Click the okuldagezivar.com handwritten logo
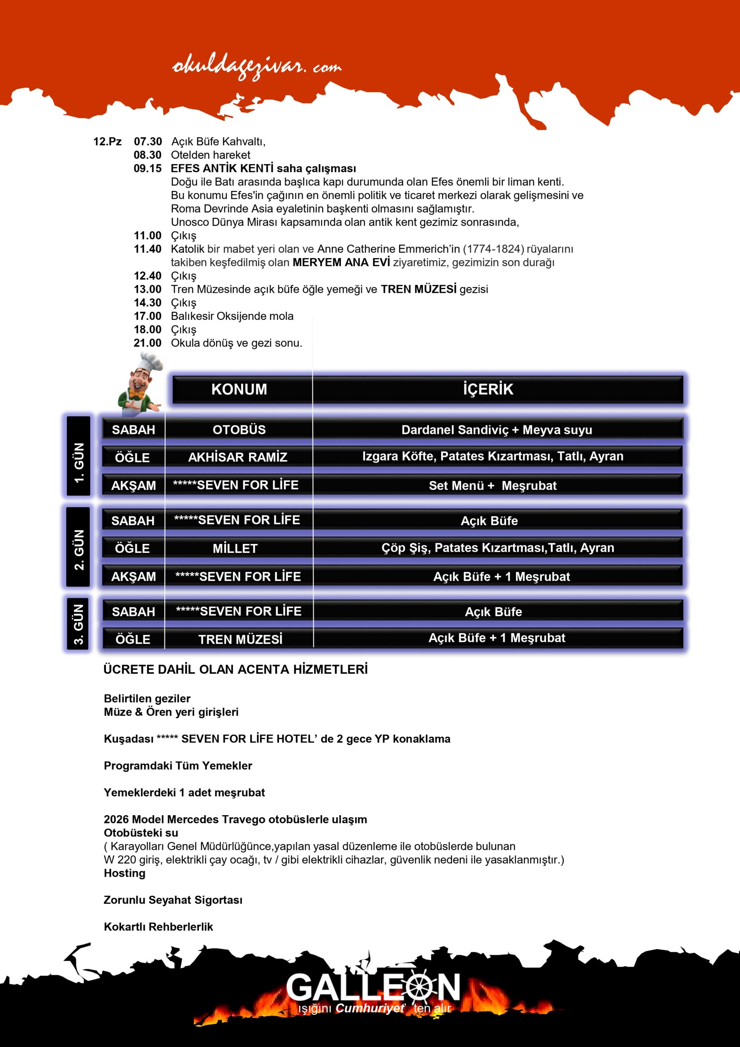pos(257,67)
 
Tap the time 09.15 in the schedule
pos(147,168)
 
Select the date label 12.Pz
pos(107,142)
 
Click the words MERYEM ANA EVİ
pos(341,262)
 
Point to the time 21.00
pos(147,343)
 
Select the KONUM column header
pos(239,389)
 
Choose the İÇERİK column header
pos(488,389)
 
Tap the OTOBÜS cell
pos(239,429)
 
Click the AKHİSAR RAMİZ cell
pos(238,457)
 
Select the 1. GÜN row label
pos(79,463)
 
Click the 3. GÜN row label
pos(78,624)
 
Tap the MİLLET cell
pos(235,548)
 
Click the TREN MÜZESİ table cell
pos(240,639)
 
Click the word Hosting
pos(124,873)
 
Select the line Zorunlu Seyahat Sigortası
pos(173,900)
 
